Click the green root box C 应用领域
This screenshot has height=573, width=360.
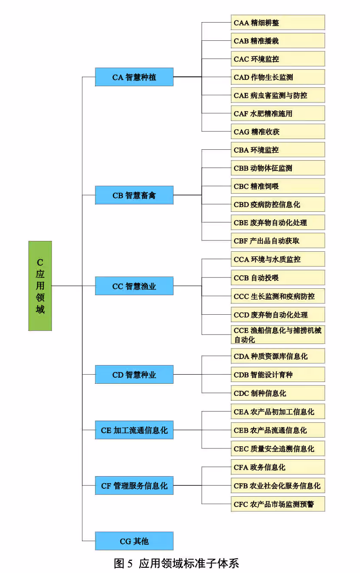pyautogui.click(x=40, y=286)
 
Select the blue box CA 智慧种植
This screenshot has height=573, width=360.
pyautogui.click(x=134, y=77)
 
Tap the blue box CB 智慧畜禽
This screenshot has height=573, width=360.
pyautogui.click(x=134, y=195)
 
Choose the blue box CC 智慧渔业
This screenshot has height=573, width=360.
pyautogui.click(x=134, y=286)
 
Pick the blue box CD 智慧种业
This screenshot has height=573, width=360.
pyautogui.click(x=134, y=375)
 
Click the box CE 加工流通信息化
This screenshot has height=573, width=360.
pyautogui.click(x=134, y=431)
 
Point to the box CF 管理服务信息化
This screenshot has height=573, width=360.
pyautogui.click(x=134, y=486)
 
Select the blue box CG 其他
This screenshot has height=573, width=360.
pyautogui.click(x=134, y=541)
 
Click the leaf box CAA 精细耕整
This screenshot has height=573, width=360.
pyautogui.click(x=278, y=23)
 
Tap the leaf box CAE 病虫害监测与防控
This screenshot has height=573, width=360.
pyautogui.click(x=278, y=95)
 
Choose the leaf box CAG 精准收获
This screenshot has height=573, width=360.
pyautogui.click(x=278, y=132)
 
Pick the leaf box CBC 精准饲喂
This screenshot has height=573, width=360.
pyautogui.click(x=278, y=186)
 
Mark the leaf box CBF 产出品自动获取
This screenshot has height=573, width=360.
pyautogui.click(x=278, y=240)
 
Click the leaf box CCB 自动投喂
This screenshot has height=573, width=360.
pyautogui.click(x=278, y=278)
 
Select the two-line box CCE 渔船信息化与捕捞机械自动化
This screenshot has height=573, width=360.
pyautogui.click(x=278, y=335)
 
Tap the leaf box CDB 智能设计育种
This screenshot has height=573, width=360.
pyautogui.click(x=278, y=375)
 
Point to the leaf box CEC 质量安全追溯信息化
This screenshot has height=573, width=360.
pyautogui.click(x=278, y=449)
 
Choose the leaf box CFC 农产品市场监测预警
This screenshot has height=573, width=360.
pyautogui.click(x=278, y=504)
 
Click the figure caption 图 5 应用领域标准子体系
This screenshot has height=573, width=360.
pyautogui.click(x=176, y=563)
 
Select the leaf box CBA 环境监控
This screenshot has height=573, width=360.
pyautogui.click(x=278, y=150)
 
